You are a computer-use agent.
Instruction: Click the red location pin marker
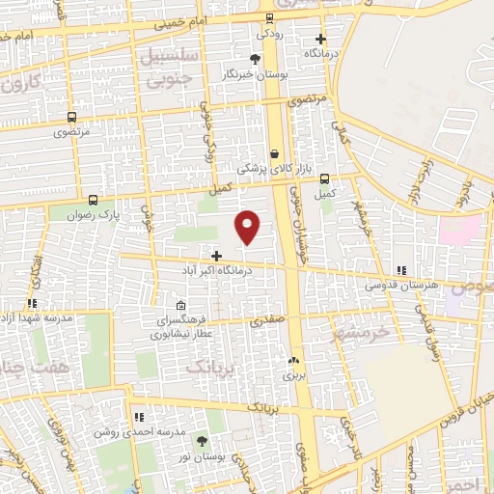tap(248, 226)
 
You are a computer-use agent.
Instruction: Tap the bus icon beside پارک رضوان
tap(92, 200)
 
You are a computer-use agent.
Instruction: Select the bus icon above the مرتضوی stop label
tap(71, 118)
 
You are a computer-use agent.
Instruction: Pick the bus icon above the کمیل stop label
tap(325, 178)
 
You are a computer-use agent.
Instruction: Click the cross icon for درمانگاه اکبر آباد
tap(216, 257)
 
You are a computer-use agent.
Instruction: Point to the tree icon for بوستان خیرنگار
tap(254, 60)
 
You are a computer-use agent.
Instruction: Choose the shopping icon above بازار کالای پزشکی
tap(275, 153)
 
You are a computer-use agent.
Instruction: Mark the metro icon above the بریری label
tap(293, 360)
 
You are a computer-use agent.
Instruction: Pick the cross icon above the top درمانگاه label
tap(321, 40)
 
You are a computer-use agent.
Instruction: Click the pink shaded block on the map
tap(459, 230)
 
